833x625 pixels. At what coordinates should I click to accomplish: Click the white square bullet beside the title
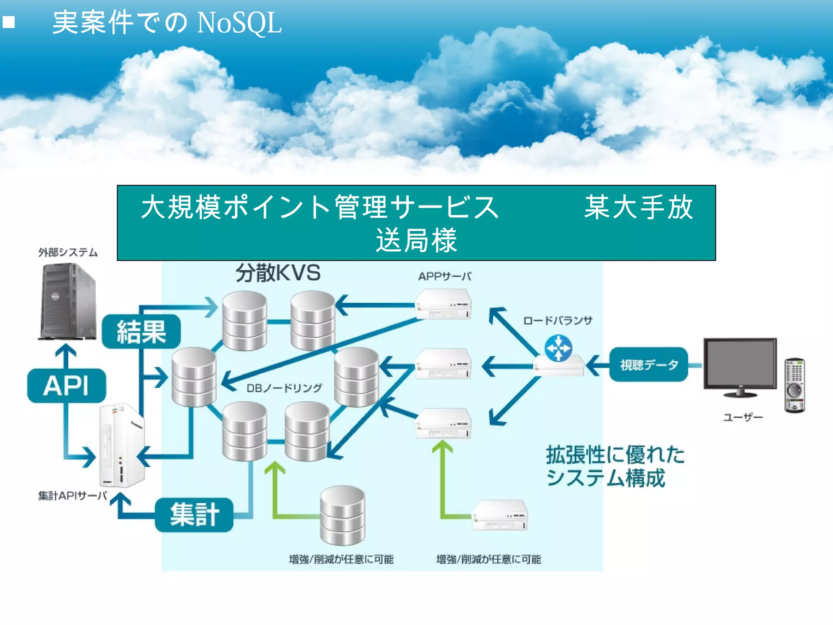(9, 22)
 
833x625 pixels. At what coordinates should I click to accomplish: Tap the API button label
(66, 386)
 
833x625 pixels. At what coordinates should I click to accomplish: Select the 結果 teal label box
(141, 332)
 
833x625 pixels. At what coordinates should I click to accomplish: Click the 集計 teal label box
(194, 515)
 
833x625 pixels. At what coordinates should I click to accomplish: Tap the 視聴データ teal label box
(648, 365)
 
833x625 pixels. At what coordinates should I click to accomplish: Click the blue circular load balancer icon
(558, 348)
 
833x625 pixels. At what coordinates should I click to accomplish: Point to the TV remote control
(794, 385)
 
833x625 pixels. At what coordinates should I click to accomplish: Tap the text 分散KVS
(278, 273)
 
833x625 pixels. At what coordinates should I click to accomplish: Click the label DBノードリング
(284, 388)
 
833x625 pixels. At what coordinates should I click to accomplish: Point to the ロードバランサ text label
(558, 321)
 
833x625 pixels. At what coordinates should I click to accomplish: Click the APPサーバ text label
(445, 277)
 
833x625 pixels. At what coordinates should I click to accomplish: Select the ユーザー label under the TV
(742, 417)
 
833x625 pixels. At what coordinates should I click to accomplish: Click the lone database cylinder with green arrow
(342, 515)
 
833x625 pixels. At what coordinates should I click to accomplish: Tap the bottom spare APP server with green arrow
(499, 515)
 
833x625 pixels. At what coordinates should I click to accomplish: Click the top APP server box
(443, 304)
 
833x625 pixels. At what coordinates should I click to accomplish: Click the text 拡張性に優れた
(615, 455)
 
